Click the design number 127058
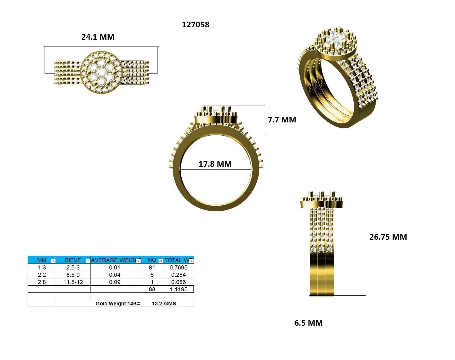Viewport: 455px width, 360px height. tap(196, 25)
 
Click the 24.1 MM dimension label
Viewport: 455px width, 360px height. tap(98, 37)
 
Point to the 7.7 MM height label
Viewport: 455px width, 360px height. tap(282, 119)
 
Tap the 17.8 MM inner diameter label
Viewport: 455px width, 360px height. tap(215, 164)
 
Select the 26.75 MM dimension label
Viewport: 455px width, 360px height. tap(388, 237)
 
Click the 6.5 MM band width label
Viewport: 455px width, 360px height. tap(308, 323)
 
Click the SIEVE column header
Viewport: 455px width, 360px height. tap(73, 260)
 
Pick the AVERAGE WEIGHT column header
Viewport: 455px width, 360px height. tap(113, 260)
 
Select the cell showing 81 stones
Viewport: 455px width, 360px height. tap(152, 268)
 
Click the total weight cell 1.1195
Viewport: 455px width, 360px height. tap(178, 289)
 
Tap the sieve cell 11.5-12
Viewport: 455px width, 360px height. tap(73, 282)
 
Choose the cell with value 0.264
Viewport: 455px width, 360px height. tap(178, 275)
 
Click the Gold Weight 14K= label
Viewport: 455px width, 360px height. tap(118, 304)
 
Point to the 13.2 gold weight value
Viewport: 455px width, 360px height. tap(157, 304)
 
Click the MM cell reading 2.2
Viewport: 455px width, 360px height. tap(42, 275)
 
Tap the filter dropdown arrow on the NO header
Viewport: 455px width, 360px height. tap(160, 261)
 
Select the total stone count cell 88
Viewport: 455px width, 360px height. tap(152, 289)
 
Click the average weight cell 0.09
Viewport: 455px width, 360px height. tap(115, 282)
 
